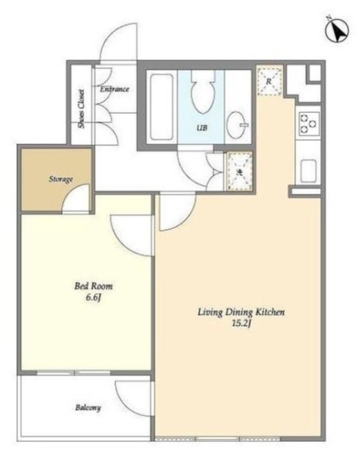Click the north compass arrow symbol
337,30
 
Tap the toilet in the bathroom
203,91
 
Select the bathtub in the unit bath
161,107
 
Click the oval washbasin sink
236,125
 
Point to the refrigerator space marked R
269,81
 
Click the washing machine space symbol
239,172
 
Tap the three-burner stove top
309,124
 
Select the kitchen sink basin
309,172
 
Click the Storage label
61,179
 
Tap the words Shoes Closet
81,109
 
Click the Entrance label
114,89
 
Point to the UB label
202,128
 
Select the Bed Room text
93,286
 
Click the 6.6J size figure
94,297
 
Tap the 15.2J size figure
241,324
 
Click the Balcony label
88,408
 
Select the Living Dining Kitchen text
241,312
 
